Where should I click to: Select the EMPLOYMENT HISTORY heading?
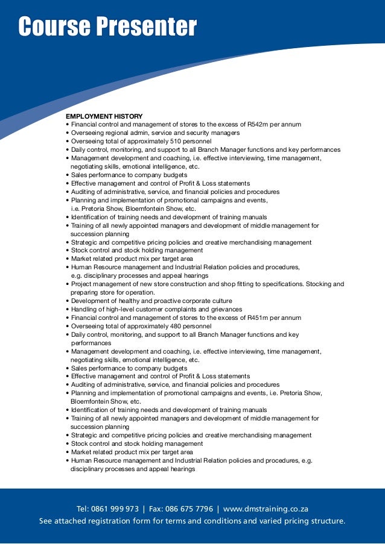(104, 116)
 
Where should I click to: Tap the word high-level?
(114, 309)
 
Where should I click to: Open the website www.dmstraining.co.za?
(266, 509)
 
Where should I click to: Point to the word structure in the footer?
(324, 521)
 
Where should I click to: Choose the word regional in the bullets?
(118, 133)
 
